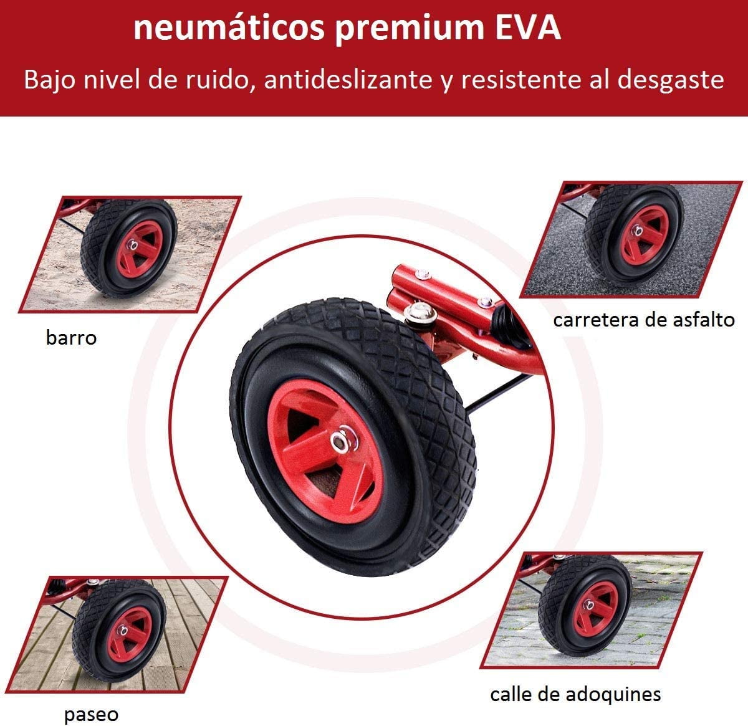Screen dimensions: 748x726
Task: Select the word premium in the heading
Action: (x=410, y=31)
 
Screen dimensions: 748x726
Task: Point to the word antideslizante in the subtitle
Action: (x=348, y=80)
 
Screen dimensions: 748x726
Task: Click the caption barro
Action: (x=71, y=337)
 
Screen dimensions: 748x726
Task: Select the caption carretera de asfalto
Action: (x=644, y=320)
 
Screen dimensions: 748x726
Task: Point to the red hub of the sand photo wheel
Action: (x=140, y=249)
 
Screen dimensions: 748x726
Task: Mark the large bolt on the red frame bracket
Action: (x=420, y=312)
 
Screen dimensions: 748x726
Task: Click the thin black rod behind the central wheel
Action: (x=499, y=394)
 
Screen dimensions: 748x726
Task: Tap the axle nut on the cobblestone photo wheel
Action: (x=588, y=605)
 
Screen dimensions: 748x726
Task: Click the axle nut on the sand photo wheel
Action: (x=133, y=244)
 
